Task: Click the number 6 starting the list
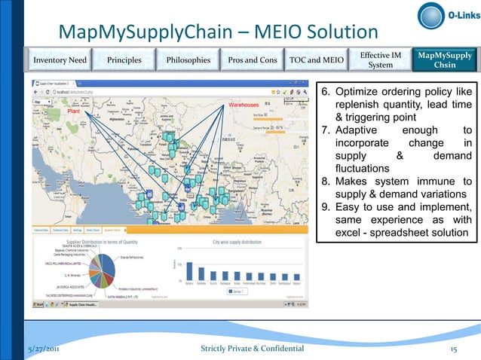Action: pos(326,92)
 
